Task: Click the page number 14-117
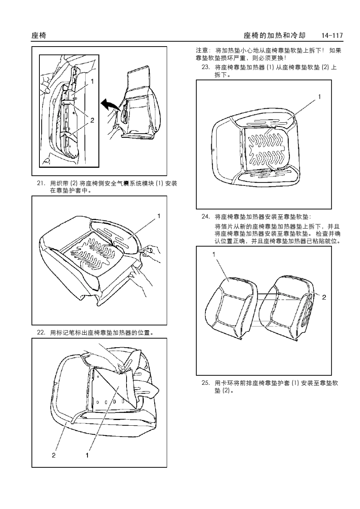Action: tap(332, 36)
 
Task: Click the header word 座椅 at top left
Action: tap(39, 36)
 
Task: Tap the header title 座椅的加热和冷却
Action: tap(274, 36)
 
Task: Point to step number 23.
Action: tap(205, 67)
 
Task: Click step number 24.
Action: tap(205, 217)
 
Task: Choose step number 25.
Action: tap(205, 383)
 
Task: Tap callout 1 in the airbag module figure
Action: tap(92, 81)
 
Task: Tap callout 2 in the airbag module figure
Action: tap(92, 120)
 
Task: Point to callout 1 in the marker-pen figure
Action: tap(159, 216)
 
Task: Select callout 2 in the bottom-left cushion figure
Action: tap(53, 455)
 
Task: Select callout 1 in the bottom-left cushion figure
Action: tap(87, 455)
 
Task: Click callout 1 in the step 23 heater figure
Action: tap(319, 97)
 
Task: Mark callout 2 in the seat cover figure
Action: tap(324, 297)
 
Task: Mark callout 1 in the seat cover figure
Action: tap(214, 254)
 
